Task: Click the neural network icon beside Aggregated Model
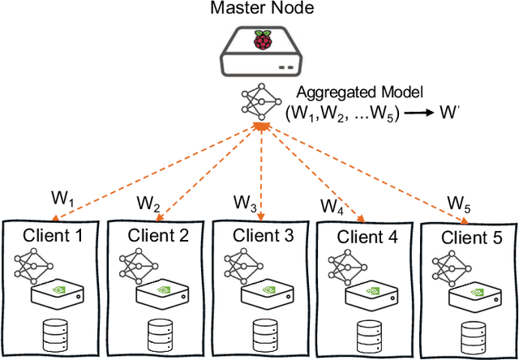tap(261, 101)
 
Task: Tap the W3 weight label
tap(246, 199)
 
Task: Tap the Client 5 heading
tap(471, 238)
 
